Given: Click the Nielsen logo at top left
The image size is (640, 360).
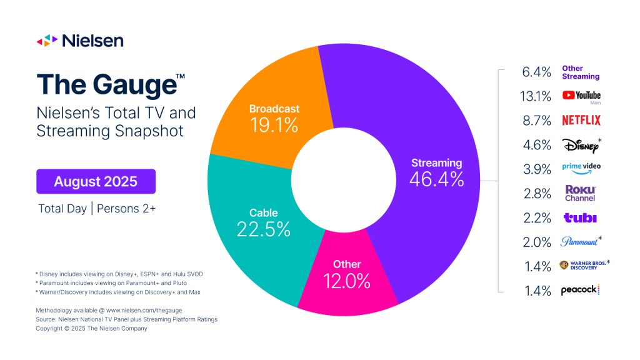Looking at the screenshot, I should click(x=79, y=41).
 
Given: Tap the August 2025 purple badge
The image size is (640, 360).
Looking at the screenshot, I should click(x=96, y=182).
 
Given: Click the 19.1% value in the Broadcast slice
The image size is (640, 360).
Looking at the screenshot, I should click(x=274, y=125).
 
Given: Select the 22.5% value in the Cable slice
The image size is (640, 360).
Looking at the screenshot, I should click(x=263, y=229).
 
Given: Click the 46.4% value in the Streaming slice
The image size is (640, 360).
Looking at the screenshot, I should click(x=436, y=179).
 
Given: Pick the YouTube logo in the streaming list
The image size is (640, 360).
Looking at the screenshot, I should click(x=581, y=96).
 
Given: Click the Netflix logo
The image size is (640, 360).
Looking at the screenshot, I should click(x=581, y=120).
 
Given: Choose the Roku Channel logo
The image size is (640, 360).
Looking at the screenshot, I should click(x=580, y=193).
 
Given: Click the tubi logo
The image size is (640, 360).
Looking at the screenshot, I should click(x=580, y=217).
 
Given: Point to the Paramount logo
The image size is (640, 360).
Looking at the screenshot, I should click(x=581, y=241).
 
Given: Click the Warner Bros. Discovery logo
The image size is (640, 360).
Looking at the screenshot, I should click(x=582, y=266).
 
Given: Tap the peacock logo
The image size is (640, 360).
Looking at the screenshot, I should click(x=581, y=290).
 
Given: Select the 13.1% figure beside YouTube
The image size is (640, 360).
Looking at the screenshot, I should click(x=536, y=96).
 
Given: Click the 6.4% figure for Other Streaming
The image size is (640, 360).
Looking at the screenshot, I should click(x=536, y=72).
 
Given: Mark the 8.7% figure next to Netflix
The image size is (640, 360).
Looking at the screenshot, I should click(x=536, y=121).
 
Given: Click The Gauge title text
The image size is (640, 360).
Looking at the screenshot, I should click(x=110, y=85).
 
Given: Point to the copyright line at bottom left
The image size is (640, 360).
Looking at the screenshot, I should click(x=91, y=328).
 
